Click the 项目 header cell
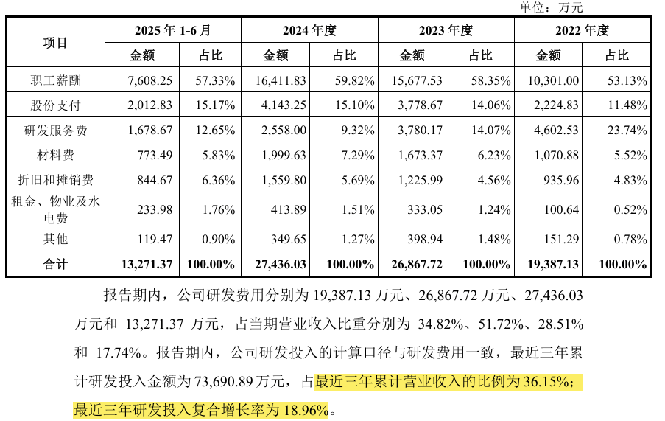[55, 43]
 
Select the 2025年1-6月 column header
[172, 30]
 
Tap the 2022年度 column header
[582, 30]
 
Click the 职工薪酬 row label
[55, 80]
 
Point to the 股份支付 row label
[55, 105]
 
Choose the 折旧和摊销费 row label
[55, 180]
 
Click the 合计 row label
[55, 265]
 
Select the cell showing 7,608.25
[150, 80]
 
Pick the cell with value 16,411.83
[281, 80]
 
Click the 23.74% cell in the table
[627, 130]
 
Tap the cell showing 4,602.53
[556, 130]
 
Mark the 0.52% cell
[630, 209]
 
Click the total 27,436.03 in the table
[281, 265]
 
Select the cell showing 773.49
[155, 155]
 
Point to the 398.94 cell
[425, 240]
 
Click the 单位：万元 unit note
[551, 7]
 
